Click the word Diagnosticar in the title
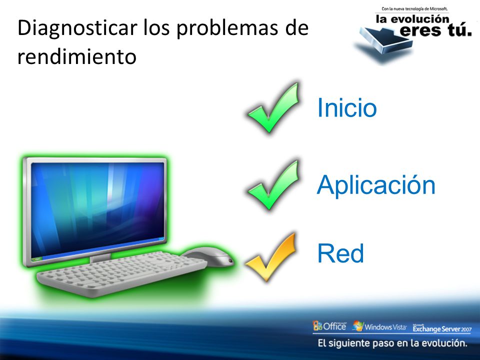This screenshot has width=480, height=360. (77, 28)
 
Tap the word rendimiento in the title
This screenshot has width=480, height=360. (76, 56)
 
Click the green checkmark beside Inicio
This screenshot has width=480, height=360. (273, 108)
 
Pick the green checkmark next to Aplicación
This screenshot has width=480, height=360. (273, 185)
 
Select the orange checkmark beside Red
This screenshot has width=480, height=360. (271, 257)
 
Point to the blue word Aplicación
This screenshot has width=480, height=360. (376, 184)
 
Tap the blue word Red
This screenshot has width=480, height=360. (340, 253)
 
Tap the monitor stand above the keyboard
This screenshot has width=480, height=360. (100, 258)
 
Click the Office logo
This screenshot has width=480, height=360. (329, 325)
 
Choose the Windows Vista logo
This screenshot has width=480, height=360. (379, 326)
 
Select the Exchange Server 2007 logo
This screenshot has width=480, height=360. (442, 328)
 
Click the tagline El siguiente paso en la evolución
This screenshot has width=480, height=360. (392, 343)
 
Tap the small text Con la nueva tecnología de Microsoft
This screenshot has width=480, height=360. (414, 9)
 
